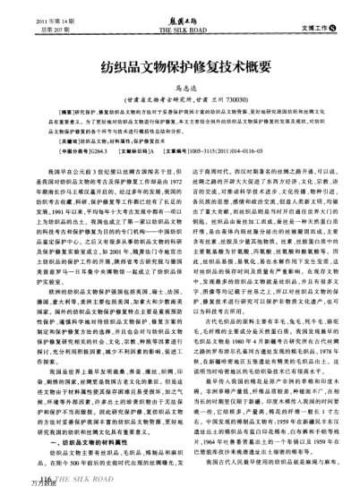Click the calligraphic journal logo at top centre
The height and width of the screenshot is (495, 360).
pos(180,19)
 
